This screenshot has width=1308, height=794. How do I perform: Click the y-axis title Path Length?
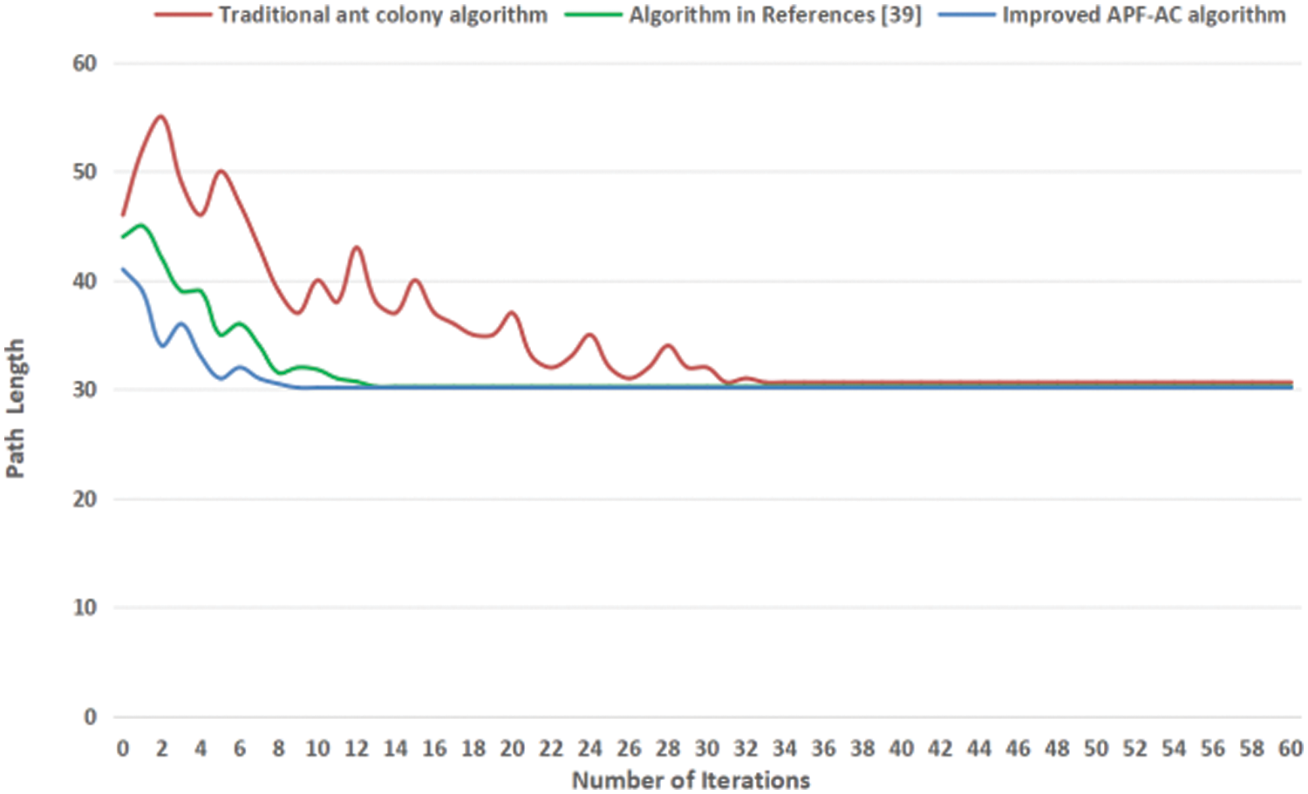pos(15,408)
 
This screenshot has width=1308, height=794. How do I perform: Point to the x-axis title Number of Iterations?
pos(691,779)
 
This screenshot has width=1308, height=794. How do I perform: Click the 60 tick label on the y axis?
pos(85,64)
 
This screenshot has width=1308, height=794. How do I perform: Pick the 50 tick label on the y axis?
pos(85,172)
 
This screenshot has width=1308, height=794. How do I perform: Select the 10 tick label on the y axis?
pos(85,607)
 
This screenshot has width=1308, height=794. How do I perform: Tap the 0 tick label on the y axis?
pos(90,716)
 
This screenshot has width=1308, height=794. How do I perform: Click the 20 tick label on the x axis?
pos(512,749)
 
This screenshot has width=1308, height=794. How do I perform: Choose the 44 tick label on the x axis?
pos(979,749)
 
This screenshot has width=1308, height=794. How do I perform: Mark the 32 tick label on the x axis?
pos(746,749)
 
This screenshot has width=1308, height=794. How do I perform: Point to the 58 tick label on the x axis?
pos(1251,749)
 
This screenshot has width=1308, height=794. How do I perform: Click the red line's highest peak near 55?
pos(161,116)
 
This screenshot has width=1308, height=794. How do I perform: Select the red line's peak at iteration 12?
pos(356,248)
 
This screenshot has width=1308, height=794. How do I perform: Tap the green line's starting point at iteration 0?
pos(123,237)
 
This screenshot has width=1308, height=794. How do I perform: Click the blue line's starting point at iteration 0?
pos(123,269)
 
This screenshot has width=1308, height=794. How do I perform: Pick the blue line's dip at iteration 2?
pos(162,346)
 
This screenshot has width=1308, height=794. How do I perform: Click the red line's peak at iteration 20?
pos(512,312)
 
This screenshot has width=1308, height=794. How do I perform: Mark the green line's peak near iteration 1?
pos(141,225)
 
